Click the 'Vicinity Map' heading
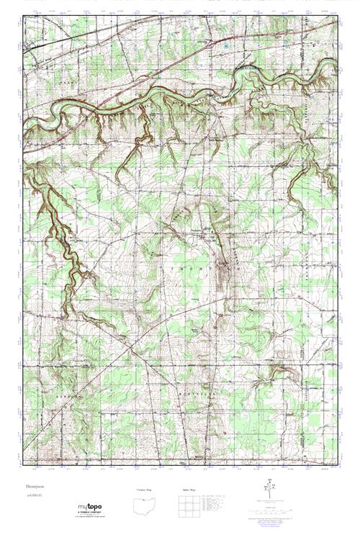point(145,491)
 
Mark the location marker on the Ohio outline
point(150,503)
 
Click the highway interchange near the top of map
point(209,44)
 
